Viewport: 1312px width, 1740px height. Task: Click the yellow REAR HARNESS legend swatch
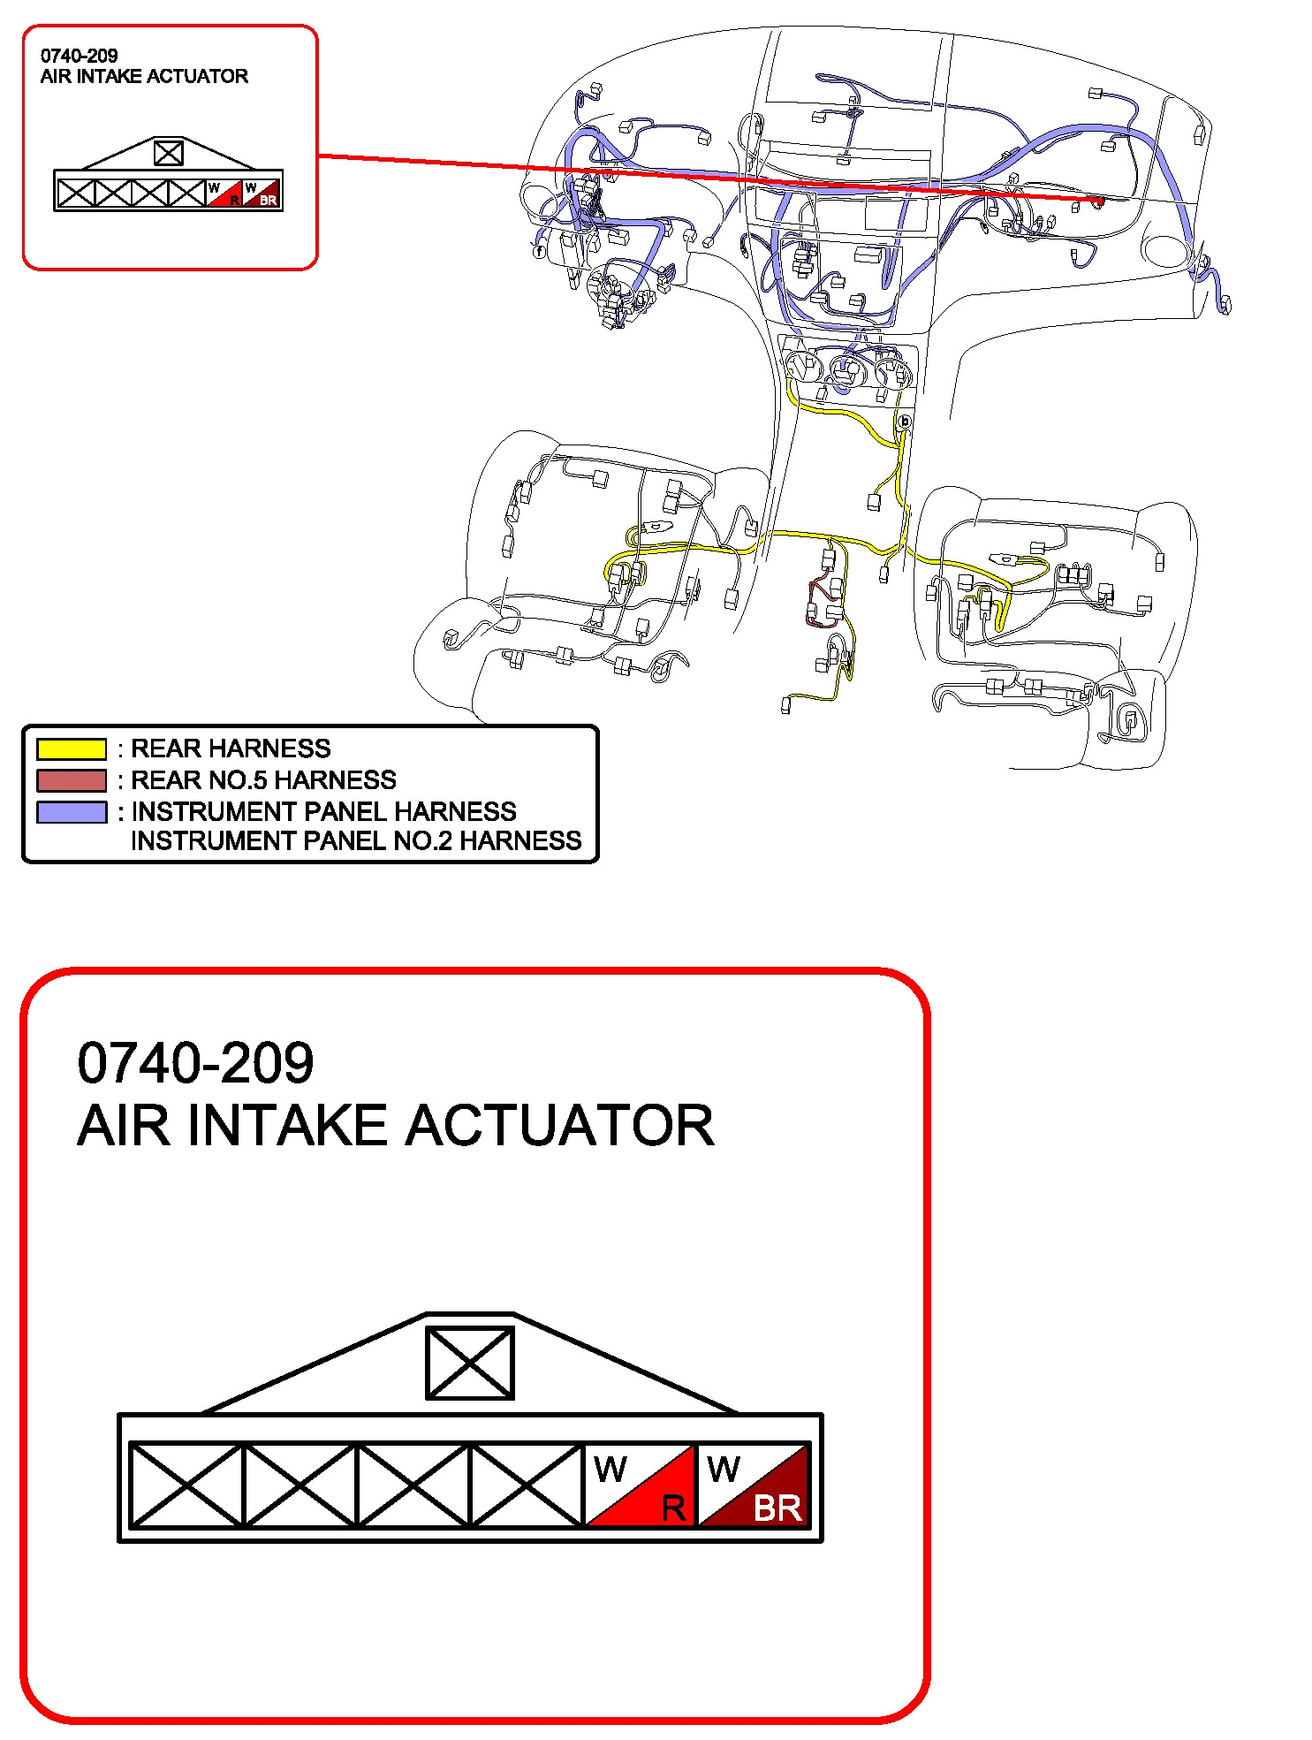pyautogui.click(x=72, y=749)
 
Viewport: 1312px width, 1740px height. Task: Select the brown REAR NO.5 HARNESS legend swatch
pyautogui.click(x=72, y=780)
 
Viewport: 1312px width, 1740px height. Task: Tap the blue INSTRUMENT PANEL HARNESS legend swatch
pyautogui.click(x=72, y=811)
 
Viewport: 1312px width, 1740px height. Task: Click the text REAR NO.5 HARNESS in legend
pyautogui.click(x=263, y=780)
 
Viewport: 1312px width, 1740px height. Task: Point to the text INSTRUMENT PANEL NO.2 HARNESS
pyautogui.click(x=356, y=840)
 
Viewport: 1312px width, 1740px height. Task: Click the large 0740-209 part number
pyautogui.click(x=195, y=1062)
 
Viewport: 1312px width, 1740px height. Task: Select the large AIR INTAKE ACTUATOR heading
pyautogui.click(x=395, y=1126)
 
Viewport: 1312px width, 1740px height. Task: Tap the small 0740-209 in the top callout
pyautogui.click(x=79, y=56)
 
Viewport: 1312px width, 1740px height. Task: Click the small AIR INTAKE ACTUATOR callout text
pyautogui.click(x=144, y=76)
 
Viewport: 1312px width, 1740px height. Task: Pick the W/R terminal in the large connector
pyautogui.click(x=641, y=1485)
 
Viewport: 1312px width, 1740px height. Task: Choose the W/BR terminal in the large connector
pyautogui.click(x=754, y=1485)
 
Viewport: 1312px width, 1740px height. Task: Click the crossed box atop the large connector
pyautogui.click(x=469, y=1363)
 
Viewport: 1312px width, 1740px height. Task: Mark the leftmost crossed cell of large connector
pyautogui.click(x=186, y=1485)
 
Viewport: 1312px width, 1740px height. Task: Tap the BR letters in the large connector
pyautogui.click(x=777, y=1508)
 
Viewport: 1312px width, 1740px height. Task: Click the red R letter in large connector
pyautogui.click(x=673, y=1508)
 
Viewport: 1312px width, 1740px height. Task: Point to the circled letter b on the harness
pyautogui.click(x=904, y=422)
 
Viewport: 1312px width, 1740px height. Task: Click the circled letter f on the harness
pyautogui.click(x=539, y=251)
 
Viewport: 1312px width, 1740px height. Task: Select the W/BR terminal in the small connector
pyautogui.click(x=262, y=194)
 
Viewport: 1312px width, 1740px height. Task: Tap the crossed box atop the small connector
pyautogui.click(x=168, y=153)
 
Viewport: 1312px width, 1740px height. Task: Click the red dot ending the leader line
pyautogui.click(x=1098, y=201)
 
